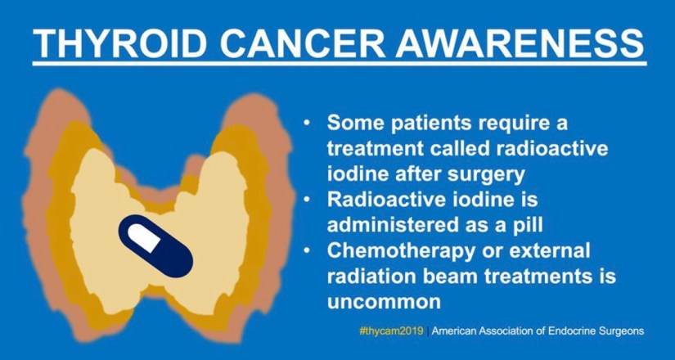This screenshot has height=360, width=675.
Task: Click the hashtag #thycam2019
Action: (x=391, y=331)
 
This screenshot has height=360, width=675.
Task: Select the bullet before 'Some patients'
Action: (x=307, y=124)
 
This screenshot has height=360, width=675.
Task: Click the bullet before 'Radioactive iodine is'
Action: (x=307, y=200)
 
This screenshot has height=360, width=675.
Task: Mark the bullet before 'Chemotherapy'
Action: (x=307, y=251)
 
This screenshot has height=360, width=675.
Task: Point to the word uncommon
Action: (x=384, y=302)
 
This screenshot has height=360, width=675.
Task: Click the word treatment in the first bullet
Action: (x=374, y=150)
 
